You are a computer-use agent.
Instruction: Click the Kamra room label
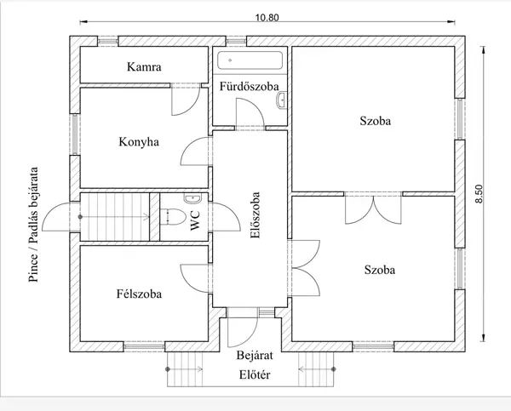click(x=144, y=66)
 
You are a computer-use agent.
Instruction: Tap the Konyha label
click(x=139, y=142)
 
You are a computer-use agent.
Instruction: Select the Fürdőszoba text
click(x=249, y=86)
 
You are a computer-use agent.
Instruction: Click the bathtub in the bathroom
click(x=250, y=60)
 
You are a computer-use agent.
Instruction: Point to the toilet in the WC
click(x=173, y=217)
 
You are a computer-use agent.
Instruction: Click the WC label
click(x=195, y=220)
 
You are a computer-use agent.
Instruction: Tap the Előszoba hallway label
click(x=255, y=215)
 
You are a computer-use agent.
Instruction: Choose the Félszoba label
click(x=139, y=294)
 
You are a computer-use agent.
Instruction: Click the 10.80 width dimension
click(x=267, y=17)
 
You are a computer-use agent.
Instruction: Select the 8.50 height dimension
click(x=479, y=194)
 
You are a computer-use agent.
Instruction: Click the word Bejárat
click(x=255, y=355)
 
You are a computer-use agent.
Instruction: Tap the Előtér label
click(x=255, y=375)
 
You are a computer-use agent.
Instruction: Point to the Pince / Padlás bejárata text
click(x=33, y=225)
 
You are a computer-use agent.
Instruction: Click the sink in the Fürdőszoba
click(x=281, y=100)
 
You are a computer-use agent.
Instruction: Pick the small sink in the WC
click(x=192, y=198)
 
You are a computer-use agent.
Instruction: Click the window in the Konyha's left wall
click(x=75, y=134)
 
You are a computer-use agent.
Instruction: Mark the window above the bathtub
click(x=236, y=41)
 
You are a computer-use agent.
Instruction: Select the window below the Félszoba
click(x=144, y=346)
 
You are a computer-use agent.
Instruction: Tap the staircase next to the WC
click(x=115, y=217)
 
